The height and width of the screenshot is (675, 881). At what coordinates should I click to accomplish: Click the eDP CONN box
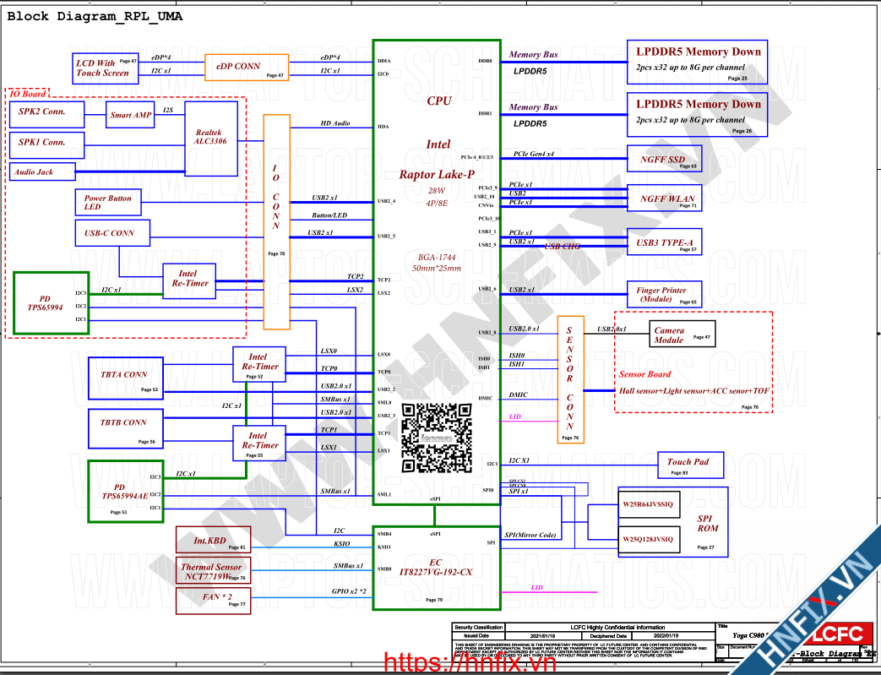tap(247, 68)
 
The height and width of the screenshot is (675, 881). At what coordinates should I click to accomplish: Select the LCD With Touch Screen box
tap(103, 68)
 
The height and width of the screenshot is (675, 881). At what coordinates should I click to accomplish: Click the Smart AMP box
tap(130, 115)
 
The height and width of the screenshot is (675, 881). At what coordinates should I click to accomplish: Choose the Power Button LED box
tap(107, 202)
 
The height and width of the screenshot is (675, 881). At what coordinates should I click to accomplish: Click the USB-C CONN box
tap(111, 233)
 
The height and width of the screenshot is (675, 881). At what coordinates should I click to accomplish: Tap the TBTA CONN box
tap(123, 377)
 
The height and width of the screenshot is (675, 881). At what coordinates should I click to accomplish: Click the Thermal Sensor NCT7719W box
tap(212, 572)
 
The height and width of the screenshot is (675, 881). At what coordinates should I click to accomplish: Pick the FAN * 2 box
tap(212, 601)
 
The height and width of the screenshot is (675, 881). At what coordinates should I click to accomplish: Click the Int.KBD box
tap(212, 540)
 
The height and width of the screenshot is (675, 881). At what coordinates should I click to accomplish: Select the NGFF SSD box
tap(663, 160)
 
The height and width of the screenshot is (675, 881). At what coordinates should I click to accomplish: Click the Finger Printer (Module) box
tap(663, 295)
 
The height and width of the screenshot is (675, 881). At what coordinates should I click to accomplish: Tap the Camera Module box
tap(680, 335)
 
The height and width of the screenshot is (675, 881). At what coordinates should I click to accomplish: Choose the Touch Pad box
tap(688, 465)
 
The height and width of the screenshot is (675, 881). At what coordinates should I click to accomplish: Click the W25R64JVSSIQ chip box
tap(649, 505)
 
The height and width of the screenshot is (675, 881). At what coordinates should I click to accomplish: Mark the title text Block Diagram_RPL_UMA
tap(95, 17)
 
